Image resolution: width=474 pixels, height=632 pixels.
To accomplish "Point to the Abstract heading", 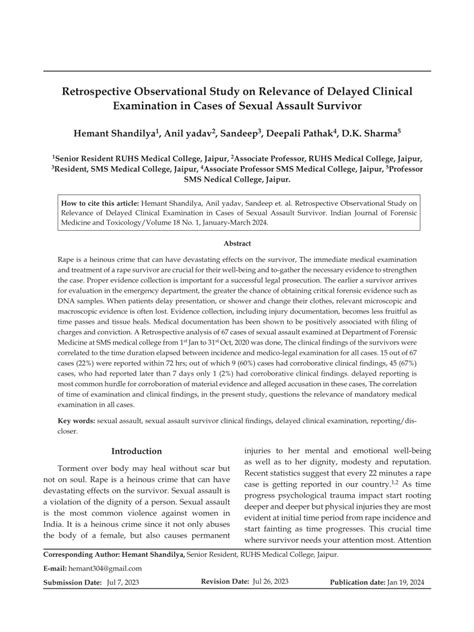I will coord(236,243).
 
